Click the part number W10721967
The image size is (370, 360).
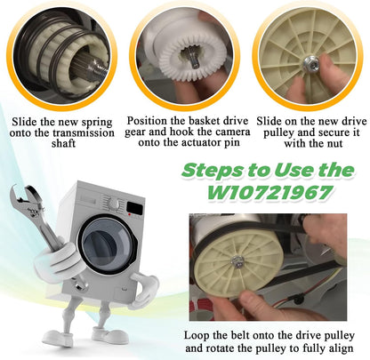269,193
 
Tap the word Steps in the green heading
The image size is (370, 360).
212,171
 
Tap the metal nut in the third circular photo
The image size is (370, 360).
310,63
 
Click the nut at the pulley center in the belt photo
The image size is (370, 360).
237,261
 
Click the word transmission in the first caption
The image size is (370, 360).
84,132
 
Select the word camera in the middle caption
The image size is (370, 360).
233,132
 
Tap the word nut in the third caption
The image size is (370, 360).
334,144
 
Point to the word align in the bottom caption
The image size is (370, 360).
340,348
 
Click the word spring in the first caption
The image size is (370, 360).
97,123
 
